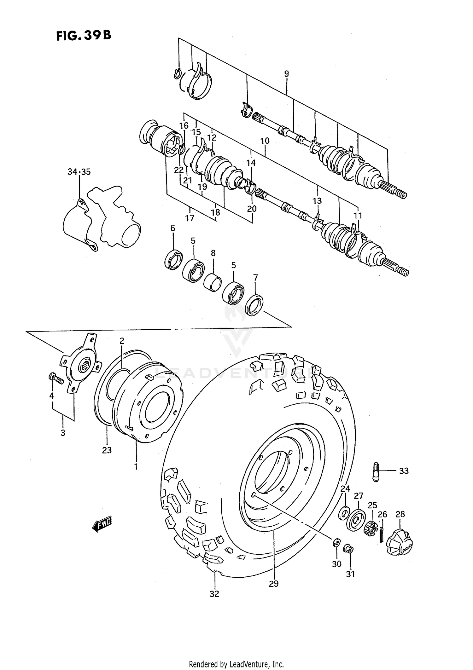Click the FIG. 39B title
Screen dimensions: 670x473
tap(84, 36)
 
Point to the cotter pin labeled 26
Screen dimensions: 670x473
tap(382, 535)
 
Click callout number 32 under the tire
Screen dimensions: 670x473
tap(214, 594)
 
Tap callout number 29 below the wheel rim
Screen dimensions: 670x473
tap(274, 584)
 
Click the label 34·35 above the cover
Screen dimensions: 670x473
tap(79, 172)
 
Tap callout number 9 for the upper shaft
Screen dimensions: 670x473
tap(286, 74)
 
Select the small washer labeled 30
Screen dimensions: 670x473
tap(336, 542)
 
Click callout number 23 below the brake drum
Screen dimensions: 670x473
tap(107, 450)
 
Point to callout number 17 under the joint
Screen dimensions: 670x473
tap(190, 218)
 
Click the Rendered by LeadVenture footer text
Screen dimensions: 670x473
tap(236, 664)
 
